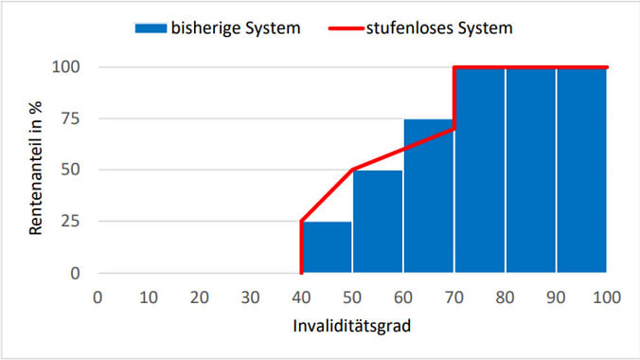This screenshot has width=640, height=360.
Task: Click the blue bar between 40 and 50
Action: [x=327, y=247]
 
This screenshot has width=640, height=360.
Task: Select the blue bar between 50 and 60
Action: [x=378, y=222]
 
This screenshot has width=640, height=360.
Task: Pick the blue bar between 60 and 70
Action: [x=429, y=196]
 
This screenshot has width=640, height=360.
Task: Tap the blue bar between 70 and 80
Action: [x=480, y=171]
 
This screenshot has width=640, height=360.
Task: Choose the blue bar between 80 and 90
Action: [x=530, y=171]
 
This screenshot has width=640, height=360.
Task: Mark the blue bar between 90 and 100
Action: [x=581, y=171]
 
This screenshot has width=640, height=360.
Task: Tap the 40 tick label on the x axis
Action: [x=301, y=297]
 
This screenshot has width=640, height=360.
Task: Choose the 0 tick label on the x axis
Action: [x=98, y=297]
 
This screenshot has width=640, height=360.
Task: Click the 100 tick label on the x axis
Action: [x=606, y=297]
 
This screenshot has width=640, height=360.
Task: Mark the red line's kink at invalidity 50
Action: [x=352, y=171]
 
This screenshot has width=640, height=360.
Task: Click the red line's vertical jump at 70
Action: [x=454, y=98]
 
